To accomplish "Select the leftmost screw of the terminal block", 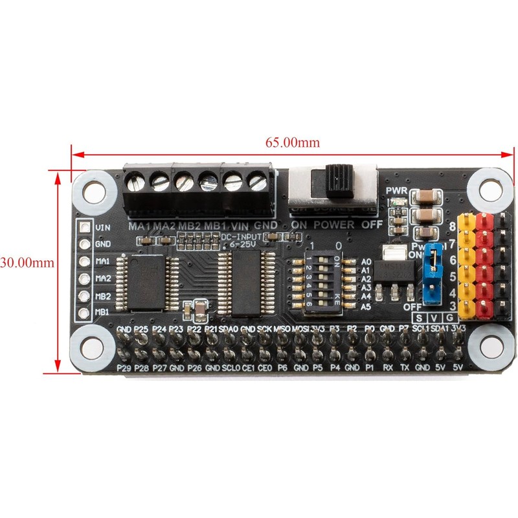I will [138, 183].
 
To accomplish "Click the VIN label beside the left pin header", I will [102, 228].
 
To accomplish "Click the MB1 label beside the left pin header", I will [102, 312].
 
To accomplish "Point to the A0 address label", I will [366, 260].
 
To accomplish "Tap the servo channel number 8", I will [451, 227].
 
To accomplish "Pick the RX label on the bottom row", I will [388, 368].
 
